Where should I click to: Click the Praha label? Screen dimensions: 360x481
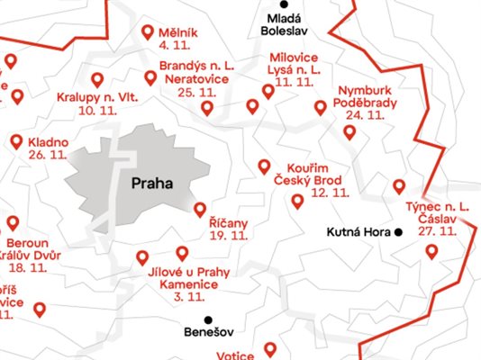tap(151, 184)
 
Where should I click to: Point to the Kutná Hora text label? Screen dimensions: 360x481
tap(358, 232)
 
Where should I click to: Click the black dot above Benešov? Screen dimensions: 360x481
tap(209, 319)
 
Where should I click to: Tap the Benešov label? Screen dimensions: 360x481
tap(207, 333)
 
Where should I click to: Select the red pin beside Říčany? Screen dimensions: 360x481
tap(200, 210)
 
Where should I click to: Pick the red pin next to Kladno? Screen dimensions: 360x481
tap(16, 141)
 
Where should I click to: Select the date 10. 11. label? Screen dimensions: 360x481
tap(99, 110)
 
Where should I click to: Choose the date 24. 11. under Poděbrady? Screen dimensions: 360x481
tap(365, 115)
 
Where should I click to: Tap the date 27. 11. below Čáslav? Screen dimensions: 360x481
tap(437, 231)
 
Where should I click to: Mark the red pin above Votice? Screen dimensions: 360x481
tap(271, 348)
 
